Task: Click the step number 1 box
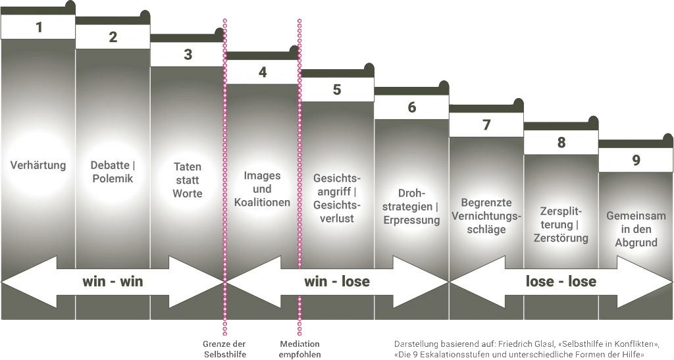38,27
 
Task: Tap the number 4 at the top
263,72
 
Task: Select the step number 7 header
486,125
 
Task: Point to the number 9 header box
636,160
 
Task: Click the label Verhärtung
38,165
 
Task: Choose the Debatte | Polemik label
112,172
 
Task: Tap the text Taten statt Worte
188,180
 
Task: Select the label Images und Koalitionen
262,189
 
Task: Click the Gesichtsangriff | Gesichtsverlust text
337,198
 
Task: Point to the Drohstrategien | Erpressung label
411,207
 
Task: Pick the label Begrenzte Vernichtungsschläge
486,216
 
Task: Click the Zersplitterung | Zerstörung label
561,224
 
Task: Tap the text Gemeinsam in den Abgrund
636,229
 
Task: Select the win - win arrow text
113,282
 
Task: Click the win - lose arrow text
337,282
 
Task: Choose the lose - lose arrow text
561,282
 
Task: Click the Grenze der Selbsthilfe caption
224,348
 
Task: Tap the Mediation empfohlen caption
299,348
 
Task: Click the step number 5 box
337,90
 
